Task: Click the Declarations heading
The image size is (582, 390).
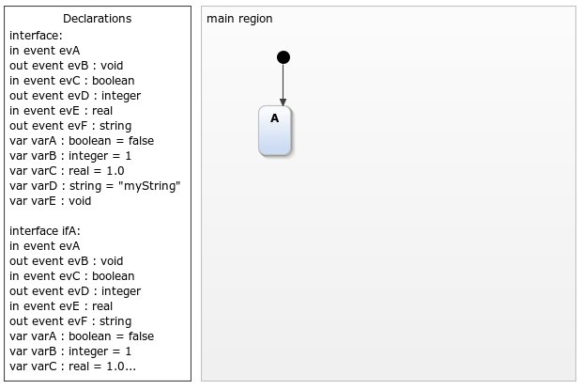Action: pos(98,19)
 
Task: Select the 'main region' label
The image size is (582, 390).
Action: pos(239,19)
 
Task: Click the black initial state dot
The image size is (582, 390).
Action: pos(283,57)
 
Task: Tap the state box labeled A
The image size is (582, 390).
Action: pos(275,131)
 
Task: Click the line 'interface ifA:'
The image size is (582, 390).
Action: pos(45,231)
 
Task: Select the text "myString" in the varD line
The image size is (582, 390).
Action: pos(149,186)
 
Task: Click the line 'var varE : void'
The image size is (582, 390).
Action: pos(50,201)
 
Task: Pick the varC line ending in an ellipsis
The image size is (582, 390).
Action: pos(73,367)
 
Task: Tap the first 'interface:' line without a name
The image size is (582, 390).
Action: pos(36,36)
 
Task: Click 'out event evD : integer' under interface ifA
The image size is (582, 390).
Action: pos(75,291)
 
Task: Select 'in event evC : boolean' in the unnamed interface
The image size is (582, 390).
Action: pos(72,81)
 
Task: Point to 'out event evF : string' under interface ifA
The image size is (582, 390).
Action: pos(70,321)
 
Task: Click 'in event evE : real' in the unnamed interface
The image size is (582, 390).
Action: pos(61,111)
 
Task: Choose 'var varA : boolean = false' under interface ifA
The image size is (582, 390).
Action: pos(82,336)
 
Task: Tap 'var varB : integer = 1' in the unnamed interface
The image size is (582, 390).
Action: pos(70,156)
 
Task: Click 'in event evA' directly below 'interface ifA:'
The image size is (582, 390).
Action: pos(44,246)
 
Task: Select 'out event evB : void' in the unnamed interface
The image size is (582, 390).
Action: pos(66,66)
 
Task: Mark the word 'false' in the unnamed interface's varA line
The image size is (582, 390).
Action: pos(141,141)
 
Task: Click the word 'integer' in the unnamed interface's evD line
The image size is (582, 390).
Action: pos(121,96)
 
